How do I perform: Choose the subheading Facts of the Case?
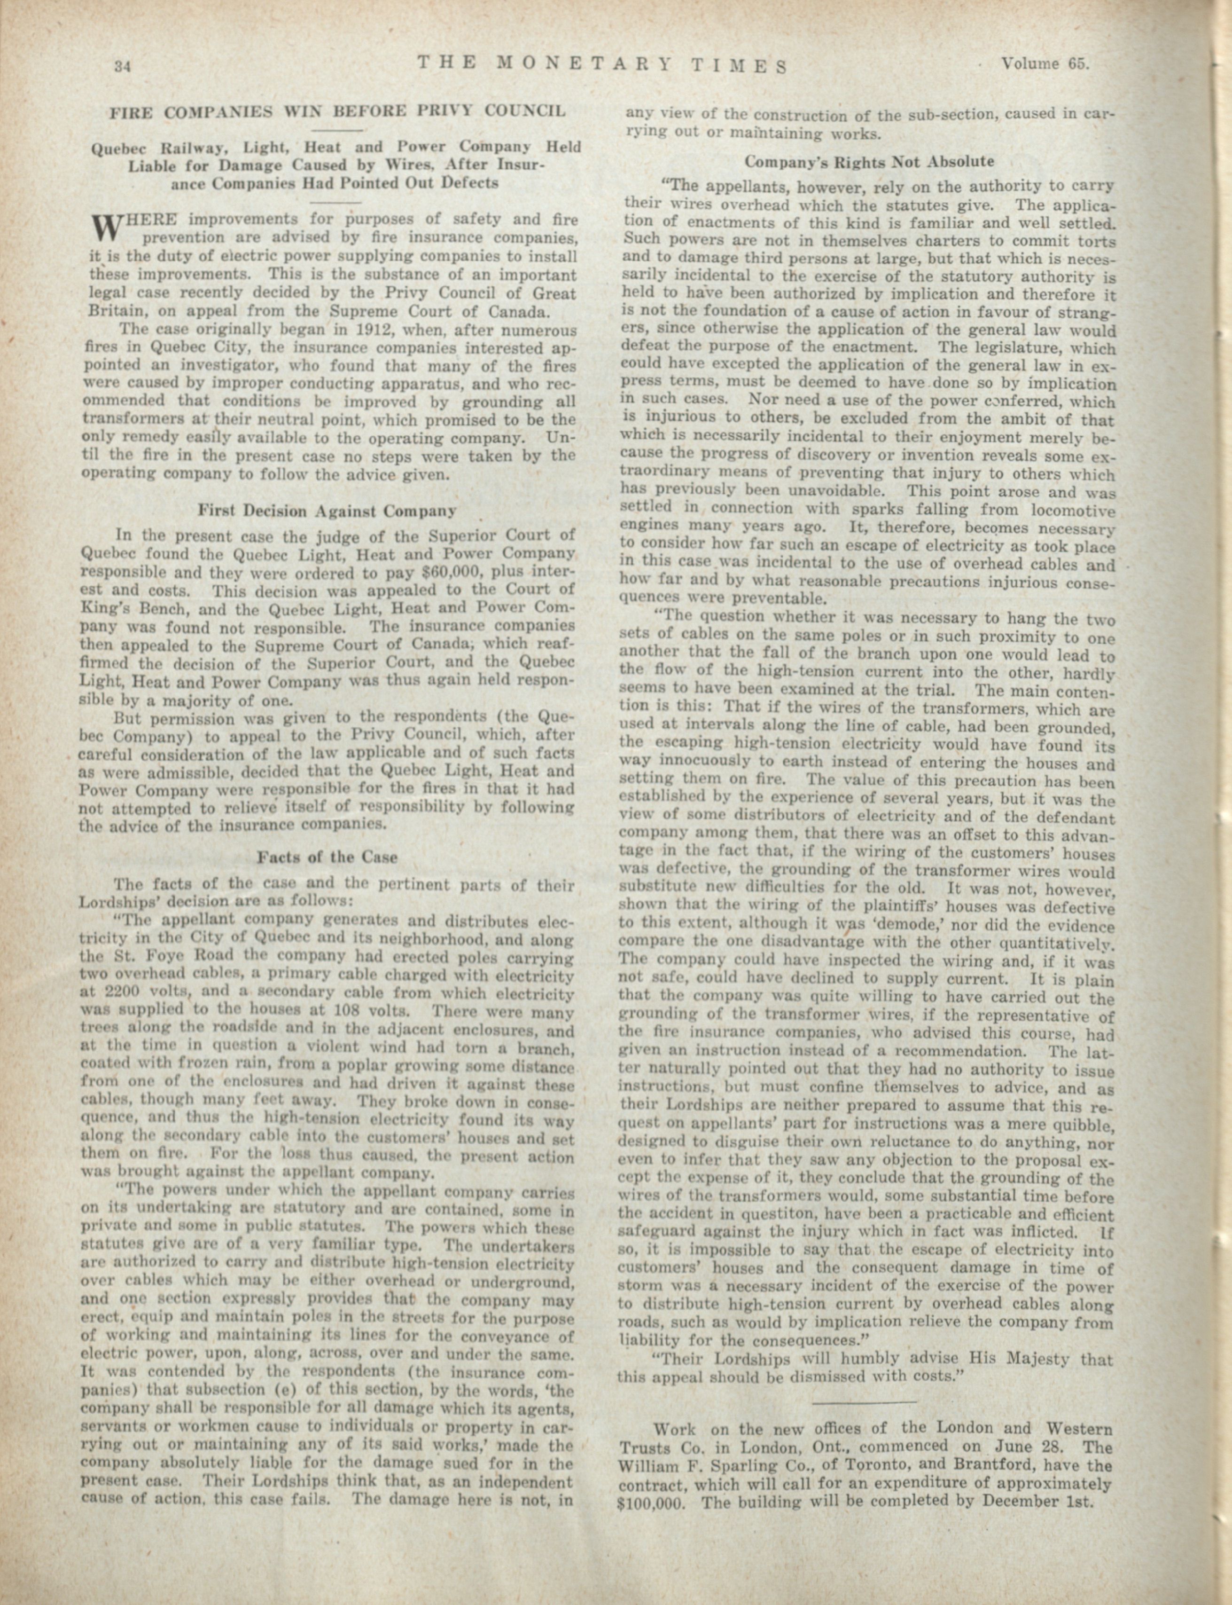click(x=327, y=857)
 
